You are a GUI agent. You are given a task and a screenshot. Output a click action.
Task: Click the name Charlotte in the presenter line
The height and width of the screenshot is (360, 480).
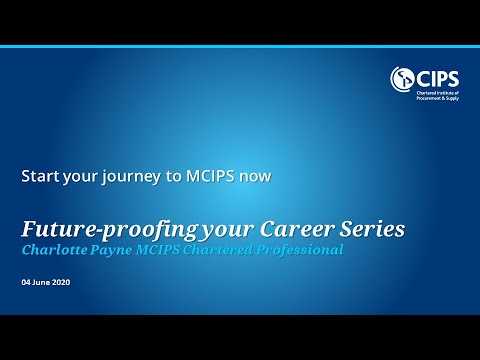pyautogui.click(x=59, y=249)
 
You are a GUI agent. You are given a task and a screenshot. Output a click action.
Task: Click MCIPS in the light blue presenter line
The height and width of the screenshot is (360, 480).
pyautogui.click(x=168, y=249)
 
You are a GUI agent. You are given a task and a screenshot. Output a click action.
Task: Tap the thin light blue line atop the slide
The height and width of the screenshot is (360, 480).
pyautogui.click(x=240, y=46)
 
